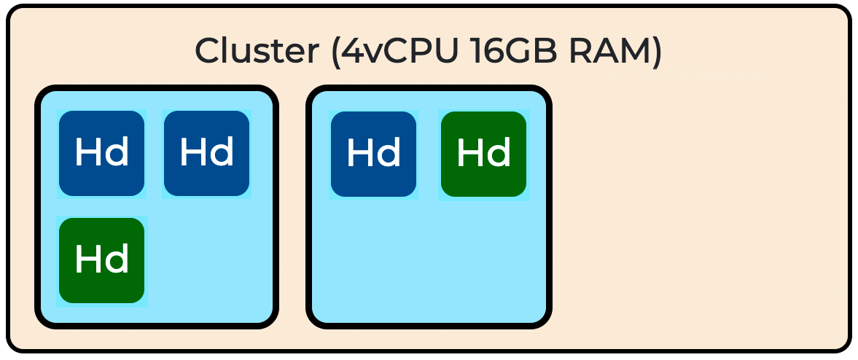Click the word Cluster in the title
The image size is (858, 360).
point(257,51)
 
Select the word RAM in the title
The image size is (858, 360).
point(609,51)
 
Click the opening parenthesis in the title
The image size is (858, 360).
point(335,52)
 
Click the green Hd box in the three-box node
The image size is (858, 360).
point(102,260)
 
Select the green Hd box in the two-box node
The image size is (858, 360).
point(484,154)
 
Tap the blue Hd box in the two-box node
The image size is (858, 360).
point(374,154)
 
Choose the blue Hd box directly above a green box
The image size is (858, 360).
point(102,153)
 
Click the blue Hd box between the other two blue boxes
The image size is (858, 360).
point(207,153)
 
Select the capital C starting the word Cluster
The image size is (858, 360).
point(208,51)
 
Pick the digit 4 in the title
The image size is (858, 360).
point(353,51)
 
